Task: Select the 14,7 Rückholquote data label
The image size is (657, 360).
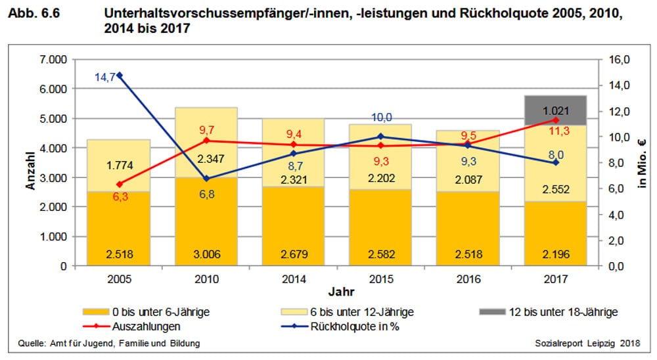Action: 105,77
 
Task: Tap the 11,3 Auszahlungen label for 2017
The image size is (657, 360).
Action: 555,131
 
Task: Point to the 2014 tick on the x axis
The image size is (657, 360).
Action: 293,279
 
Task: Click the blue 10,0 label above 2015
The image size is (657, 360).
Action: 381,117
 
